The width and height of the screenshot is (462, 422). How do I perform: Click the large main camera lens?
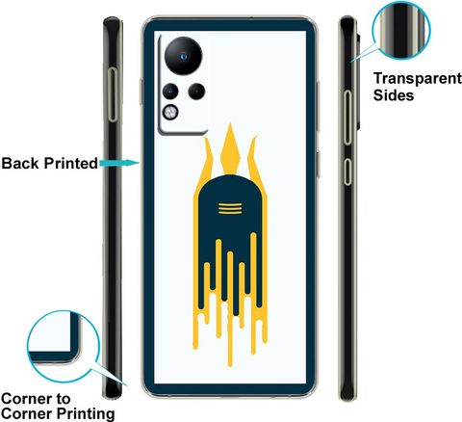click(x=183, y=56)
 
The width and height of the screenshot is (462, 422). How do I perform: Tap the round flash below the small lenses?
click(x=170, y=112)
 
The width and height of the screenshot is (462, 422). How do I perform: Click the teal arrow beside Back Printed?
click(x=119, y=163)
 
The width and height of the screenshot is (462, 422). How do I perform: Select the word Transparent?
click(x=418, y=78)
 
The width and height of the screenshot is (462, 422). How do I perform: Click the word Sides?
click(x=394, y=95)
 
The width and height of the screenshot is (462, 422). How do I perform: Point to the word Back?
click(x=21, y=163)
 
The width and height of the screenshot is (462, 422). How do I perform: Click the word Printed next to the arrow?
click(x=71, y=163)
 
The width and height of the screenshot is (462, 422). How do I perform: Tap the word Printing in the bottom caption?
click(x=86, y=413)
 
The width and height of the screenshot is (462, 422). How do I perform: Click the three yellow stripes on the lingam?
click(x=230, y=208)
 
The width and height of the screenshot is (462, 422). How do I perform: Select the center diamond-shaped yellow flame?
click(x=230, y=147)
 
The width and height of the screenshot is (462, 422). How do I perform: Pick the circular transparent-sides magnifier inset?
click(x=401, y=30)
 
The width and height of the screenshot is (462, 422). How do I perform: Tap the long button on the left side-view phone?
click(x=113, y=94)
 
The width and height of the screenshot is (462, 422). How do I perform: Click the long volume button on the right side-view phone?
click(x=347, y=118)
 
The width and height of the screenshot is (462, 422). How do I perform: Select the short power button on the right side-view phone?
click(x=347, y=171)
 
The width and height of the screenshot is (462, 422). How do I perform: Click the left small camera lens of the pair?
click(x=170, y=91)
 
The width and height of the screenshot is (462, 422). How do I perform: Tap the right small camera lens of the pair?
click(x=196, y=91)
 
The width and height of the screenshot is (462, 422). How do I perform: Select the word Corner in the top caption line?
click(x=27, y=399)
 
